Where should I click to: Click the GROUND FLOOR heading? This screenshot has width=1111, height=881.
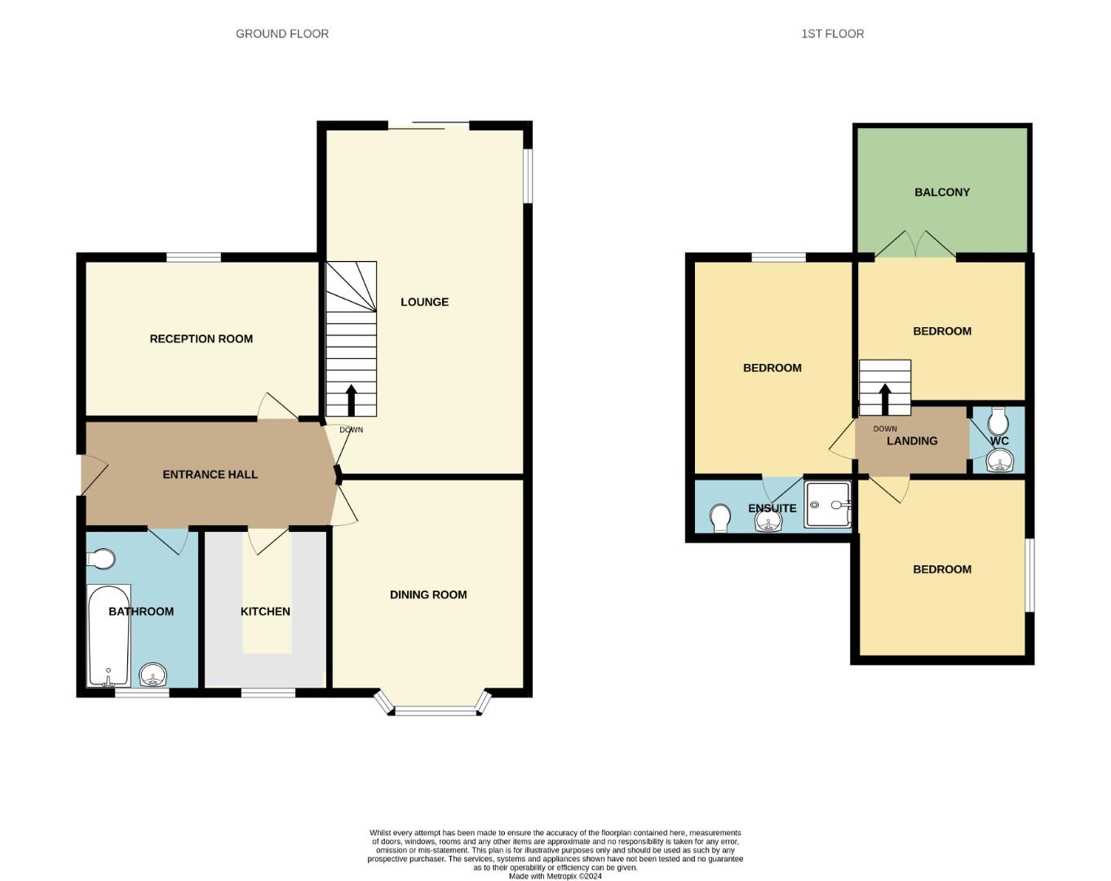(x=282, y=34)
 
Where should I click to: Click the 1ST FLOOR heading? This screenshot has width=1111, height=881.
(x=832, y=34)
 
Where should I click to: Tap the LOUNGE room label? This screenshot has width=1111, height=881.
(x=424, y=302)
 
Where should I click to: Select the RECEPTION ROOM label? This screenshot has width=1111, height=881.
(x=201, y=339)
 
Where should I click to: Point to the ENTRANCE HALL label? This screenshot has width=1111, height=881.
(x=210, y=475)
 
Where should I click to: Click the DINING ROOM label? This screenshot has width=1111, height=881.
(x=428, y=595)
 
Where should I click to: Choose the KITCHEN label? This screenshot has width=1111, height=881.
(x=265, y=612)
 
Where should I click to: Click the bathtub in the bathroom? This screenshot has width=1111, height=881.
(x=108, y=635)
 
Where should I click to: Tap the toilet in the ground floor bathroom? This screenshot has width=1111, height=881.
(x=100, y=559)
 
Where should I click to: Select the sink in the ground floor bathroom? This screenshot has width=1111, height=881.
(x=153, y=675)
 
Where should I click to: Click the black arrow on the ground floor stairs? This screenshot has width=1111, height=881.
(x=351, y=401)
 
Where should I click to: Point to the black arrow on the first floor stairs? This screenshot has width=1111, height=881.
(x=885, y=399)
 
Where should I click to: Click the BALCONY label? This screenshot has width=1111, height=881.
(x=942, y=192)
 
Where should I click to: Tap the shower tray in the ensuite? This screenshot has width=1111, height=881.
(x=828, y=504)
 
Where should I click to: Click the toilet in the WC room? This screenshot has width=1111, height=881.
(x=998, y=422)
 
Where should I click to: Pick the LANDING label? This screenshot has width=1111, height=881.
(x=912, y=441)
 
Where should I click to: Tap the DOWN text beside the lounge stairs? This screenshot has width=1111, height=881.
(x=351, y=430)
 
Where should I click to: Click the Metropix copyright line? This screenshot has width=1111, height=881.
(x=555, y=876)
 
